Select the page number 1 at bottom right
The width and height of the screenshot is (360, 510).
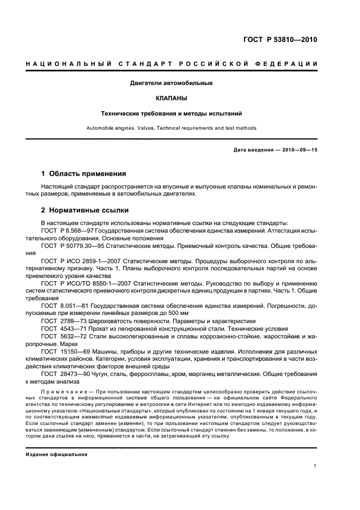(316, 466)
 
